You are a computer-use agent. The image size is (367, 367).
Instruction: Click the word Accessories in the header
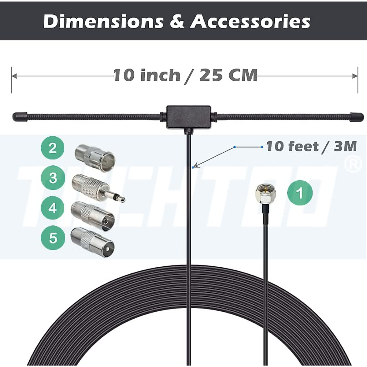click(250, 21)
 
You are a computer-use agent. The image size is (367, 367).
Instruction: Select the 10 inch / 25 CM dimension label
click(185, 75)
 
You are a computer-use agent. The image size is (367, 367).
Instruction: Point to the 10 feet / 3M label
click(311, 146)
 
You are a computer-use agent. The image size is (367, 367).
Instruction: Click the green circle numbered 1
click(300, 193)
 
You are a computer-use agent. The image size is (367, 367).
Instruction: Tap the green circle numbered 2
click(53, 148)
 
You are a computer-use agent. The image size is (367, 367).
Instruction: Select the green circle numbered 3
click(53, 178)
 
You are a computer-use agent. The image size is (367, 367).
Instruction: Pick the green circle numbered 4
click(53, 208)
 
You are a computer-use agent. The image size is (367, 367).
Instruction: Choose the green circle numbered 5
click(53, 238)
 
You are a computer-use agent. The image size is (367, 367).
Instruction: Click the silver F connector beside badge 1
click(265, 194)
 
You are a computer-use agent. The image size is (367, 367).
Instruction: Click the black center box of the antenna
click(188, 117)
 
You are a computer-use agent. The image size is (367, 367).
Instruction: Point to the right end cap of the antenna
click(357, 117)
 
